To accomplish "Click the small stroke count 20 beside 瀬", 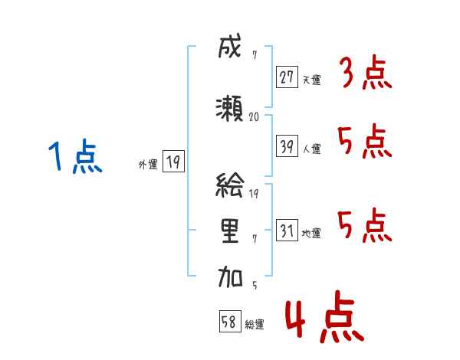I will point(255,117).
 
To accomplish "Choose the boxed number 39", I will point(287,146).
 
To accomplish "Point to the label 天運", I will point(312,80).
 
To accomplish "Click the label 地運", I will point(312,233).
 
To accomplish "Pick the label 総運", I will point(255,324).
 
